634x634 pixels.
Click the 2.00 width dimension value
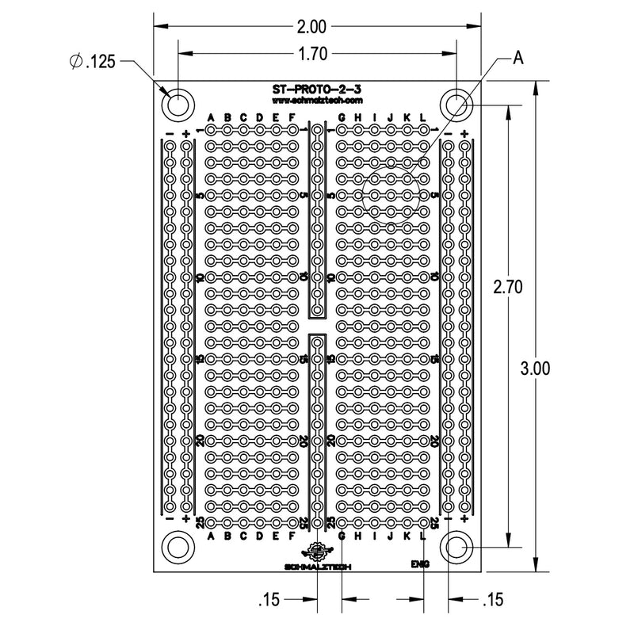click(x=311, y=27)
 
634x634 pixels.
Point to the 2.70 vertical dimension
click(x=507, y=288)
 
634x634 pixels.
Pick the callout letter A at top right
click(x=518, y=57)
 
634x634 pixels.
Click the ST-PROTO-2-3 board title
click(x=316, y=91)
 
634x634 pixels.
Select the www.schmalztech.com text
click(x=316, y=101)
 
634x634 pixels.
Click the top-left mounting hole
click(x=178, y=104)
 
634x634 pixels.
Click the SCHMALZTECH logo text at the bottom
click(x=317, y=566)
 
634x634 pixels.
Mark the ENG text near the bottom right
click(x=420, y=564)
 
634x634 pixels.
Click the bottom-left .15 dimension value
click(x=271, y=600)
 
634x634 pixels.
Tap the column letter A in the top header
click(x=211, y=119)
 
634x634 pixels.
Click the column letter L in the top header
click(x=423, y=119)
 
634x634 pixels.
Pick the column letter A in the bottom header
click(x=211, y=537)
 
